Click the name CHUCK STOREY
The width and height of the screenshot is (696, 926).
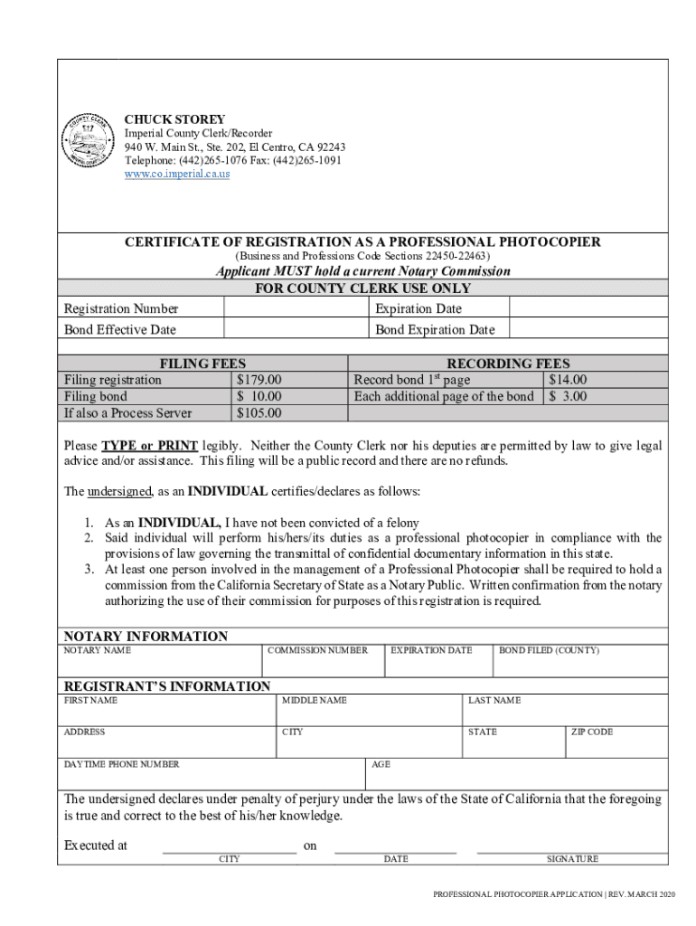coord(174,119)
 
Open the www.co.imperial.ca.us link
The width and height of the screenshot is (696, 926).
coord(176,173)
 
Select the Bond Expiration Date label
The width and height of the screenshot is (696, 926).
coord(435,330)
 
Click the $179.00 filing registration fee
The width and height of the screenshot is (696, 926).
coord(259,380)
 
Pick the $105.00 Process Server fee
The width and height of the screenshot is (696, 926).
coord(259,413)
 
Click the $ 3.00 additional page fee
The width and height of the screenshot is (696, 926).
coord(568,396)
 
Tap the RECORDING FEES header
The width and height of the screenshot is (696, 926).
coord(508,364)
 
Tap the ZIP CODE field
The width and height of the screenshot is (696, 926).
coord(617,746)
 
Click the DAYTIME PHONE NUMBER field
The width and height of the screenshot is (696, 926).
coord(212,777)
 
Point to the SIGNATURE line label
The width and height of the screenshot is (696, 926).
coord(572,859)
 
